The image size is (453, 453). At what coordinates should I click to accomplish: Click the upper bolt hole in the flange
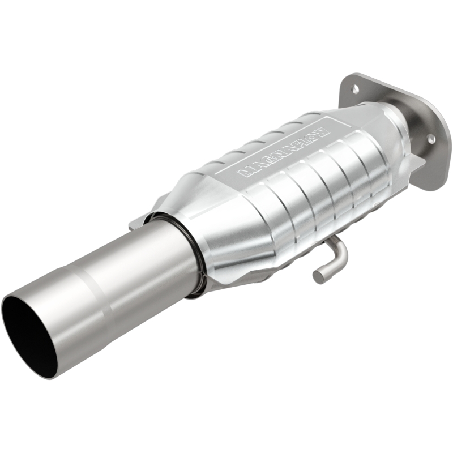tap(355, 88)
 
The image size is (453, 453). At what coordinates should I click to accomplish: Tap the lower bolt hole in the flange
tap(430, 138)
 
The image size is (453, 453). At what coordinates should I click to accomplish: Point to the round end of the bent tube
tap(318, 276)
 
